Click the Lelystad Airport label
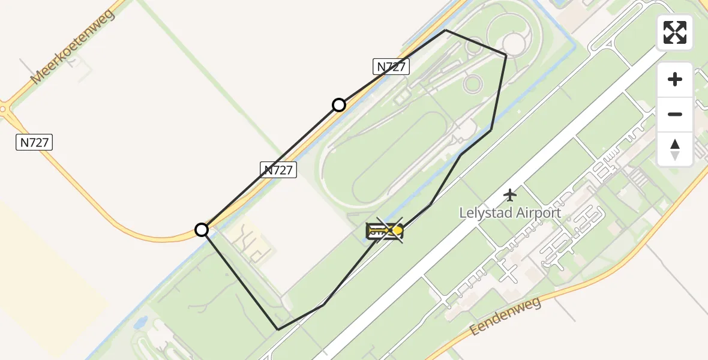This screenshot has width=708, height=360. [x=510, y=212]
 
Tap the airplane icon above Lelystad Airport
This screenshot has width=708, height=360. [x=510, y=194]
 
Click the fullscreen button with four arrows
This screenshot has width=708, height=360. [x=674, y=32]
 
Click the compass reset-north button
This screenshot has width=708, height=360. [x=674, y=149]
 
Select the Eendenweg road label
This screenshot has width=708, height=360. [x=505, y=316]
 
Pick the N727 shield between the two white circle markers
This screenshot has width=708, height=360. [x=279, y=170]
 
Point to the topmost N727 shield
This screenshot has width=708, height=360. [x=391, y=67]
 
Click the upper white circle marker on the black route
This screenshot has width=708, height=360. [x=339, y=105]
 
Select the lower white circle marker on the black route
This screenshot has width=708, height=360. [x=202, y=230]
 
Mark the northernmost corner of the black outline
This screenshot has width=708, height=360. [x=445, y=30]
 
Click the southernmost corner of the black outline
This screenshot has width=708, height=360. [x=278, y=329]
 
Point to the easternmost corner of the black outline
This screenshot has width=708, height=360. [x=506, y=55]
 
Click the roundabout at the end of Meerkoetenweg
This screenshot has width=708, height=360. [x=4, y=110]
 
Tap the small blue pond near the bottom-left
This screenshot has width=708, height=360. [x=142, y=322]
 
